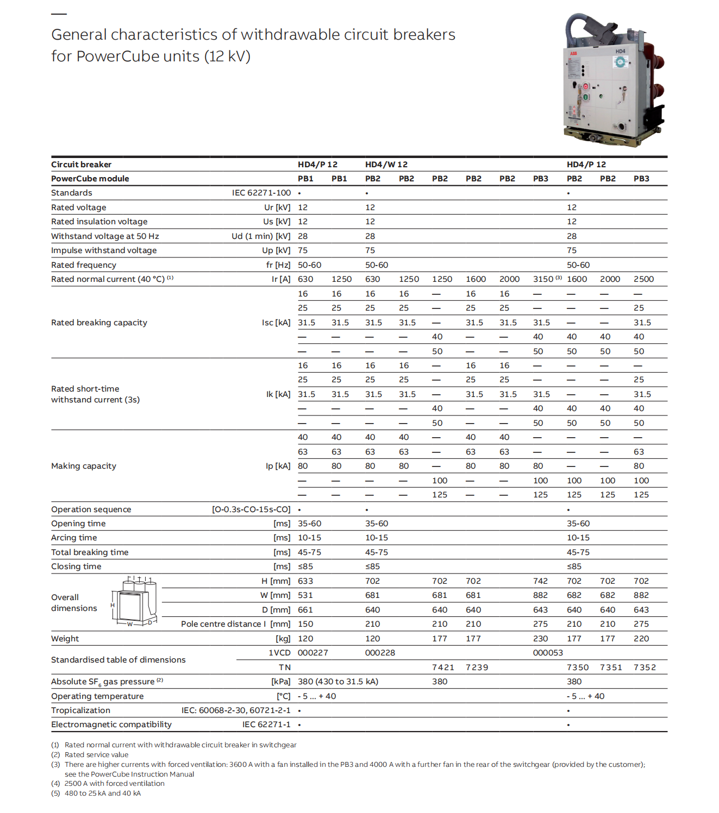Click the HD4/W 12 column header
[386, 165]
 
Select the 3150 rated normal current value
[543, 279]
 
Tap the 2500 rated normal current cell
[643, 279]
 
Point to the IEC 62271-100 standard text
[261, 193]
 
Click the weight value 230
[540, 639]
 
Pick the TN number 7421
[443, 667]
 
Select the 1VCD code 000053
[548, 653]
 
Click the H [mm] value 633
[305, 581]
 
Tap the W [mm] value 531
[305, 595]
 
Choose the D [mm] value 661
[305, 610]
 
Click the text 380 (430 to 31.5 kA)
[338, 682]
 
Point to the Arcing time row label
[74, 538]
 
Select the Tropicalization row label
[80, 710]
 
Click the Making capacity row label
[84, 466]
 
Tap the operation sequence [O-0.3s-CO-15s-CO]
[251, 509]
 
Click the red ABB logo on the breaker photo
[573, 54]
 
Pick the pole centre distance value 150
[305, 624]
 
